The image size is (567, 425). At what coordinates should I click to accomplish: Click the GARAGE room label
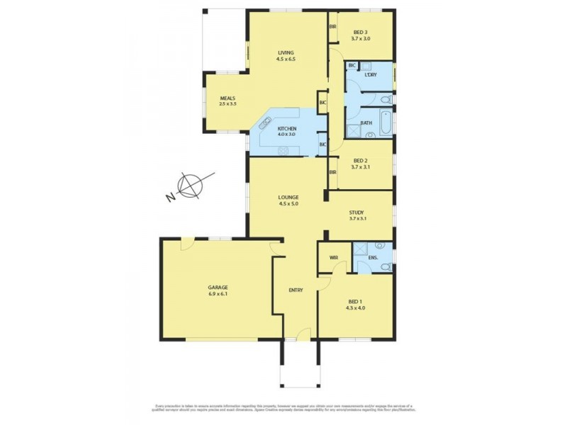click(x=218, y=287)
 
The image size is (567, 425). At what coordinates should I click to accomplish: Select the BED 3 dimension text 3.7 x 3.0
click(x=361, y=40)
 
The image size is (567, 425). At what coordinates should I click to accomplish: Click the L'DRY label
click(x=370, y=74)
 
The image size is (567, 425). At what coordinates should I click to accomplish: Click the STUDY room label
click(x=357, y=212)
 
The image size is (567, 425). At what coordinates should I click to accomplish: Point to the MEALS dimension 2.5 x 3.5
click(x=228, y=104)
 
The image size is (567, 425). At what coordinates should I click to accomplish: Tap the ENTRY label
click(x=296, y=290)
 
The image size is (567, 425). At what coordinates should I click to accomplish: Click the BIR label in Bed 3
click(x=332, y=27)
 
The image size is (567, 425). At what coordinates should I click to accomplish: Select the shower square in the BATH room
click(x=352, y=130)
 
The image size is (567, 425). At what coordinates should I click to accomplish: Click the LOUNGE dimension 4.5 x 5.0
click(x=288, y=204)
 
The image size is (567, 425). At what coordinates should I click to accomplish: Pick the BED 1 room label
click(x=355, y=300)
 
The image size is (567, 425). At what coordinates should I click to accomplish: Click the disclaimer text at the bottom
click(x=283, y=408)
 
